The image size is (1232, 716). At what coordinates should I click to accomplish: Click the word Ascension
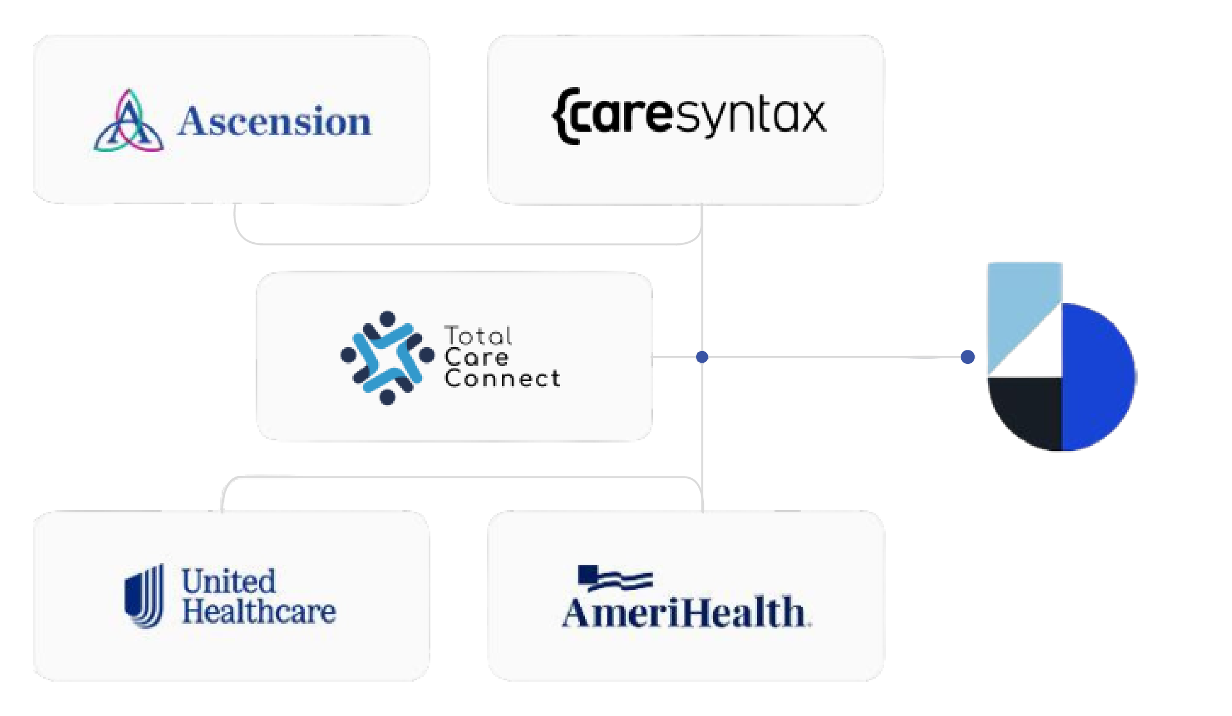[274, 121]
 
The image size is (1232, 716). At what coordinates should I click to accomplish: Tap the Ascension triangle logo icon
[128, 121]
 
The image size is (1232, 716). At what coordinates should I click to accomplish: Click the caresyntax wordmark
[689, 116]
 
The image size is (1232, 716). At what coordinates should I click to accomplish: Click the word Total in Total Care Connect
[478, 336]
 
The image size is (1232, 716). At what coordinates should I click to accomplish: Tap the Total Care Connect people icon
[387, 358]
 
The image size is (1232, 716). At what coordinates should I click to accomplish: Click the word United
[229, 582]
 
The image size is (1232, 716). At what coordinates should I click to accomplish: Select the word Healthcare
[259, 612]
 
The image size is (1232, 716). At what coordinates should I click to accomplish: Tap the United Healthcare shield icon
[145, 595]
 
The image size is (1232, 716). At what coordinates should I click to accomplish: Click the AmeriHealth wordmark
[686, 612]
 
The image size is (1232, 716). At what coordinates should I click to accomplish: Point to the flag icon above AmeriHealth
[614, 578]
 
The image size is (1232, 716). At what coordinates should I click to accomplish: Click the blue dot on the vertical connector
[702, 357]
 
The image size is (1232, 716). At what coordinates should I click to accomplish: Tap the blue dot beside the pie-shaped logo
[968, 357]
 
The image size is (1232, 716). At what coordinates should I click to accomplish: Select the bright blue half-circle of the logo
[1097, 377]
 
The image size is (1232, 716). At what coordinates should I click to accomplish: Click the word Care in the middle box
[476, 358]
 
